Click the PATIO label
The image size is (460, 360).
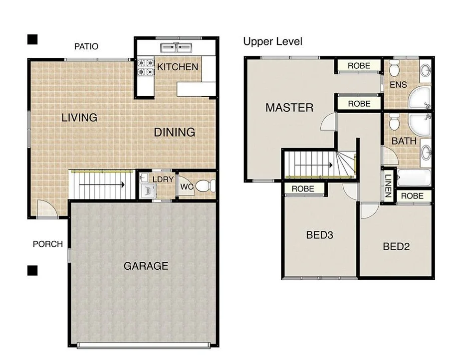[86, 46]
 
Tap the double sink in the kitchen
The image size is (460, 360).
[176, 48]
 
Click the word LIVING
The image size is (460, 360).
[79, 118]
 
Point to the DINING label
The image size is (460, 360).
[174, 132]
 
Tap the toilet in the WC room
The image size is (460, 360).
[204, 186]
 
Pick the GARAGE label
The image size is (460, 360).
[146, 266]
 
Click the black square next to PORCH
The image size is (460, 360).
[33, 270]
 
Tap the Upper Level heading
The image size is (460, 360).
[272, 41]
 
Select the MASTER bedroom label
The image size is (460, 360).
[289, 107]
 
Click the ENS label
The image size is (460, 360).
[398, 85]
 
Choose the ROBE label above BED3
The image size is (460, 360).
[303, 188]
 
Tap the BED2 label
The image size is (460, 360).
[396, 246]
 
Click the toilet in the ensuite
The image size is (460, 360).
[395, 67]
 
